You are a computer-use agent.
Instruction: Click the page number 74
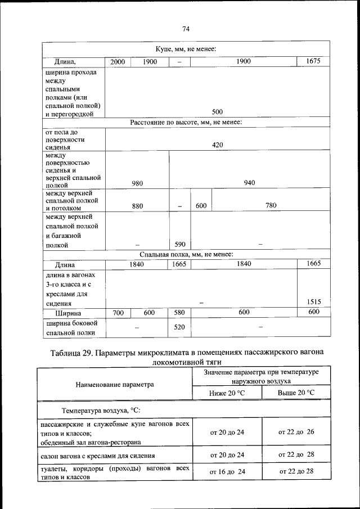pyautogui.click(x=186, y=29)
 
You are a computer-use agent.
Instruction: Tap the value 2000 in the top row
pyautogui.click(x=118, y=62)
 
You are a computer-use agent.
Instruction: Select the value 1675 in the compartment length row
pyautogui.click(x=313, y=61)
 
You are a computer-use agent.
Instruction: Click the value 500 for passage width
pyautogui.click(x=217, y=112)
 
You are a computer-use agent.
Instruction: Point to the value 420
pyautogui.click(x=217, y=145)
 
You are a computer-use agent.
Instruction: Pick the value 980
pyautogui.click(x=137, y=183)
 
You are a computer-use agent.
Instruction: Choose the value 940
pyautogui.click(x=250, y=183)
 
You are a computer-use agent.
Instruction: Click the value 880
pyautogui.click(x=137, y=206)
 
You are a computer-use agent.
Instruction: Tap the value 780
pyautogui.click(x=271, y=206)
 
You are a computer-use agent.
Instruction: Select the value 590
pyautogui.click(x=180, y=245)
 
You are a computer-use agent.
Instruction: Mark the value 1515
pyautogui.click(x=313, y=303)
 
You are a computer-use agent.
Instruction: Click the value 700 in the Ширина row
pyautogui.click(x=118, y=313)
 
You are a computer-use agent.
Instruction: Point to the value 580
pyautogui.click(x=180, y=313)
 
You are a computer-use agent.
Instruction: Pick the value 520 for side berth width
pyautogui.click(x=180, y=328)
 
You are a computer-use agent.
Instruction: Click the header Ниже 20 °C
pyautogui.click(x=227, y=392)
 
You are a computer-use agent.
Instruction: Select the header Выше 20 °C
pyautogui.click(x=296, y=392)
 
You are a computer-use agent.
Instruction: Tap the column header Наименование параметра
pyautogui.click(x=115, y=385)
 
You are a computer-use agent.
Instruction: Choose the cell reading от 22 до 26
pyautogui.click(x=296, y=432)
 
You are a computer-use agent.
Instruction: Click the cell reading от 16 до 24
pyautogui.click(x=227, y=472)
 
